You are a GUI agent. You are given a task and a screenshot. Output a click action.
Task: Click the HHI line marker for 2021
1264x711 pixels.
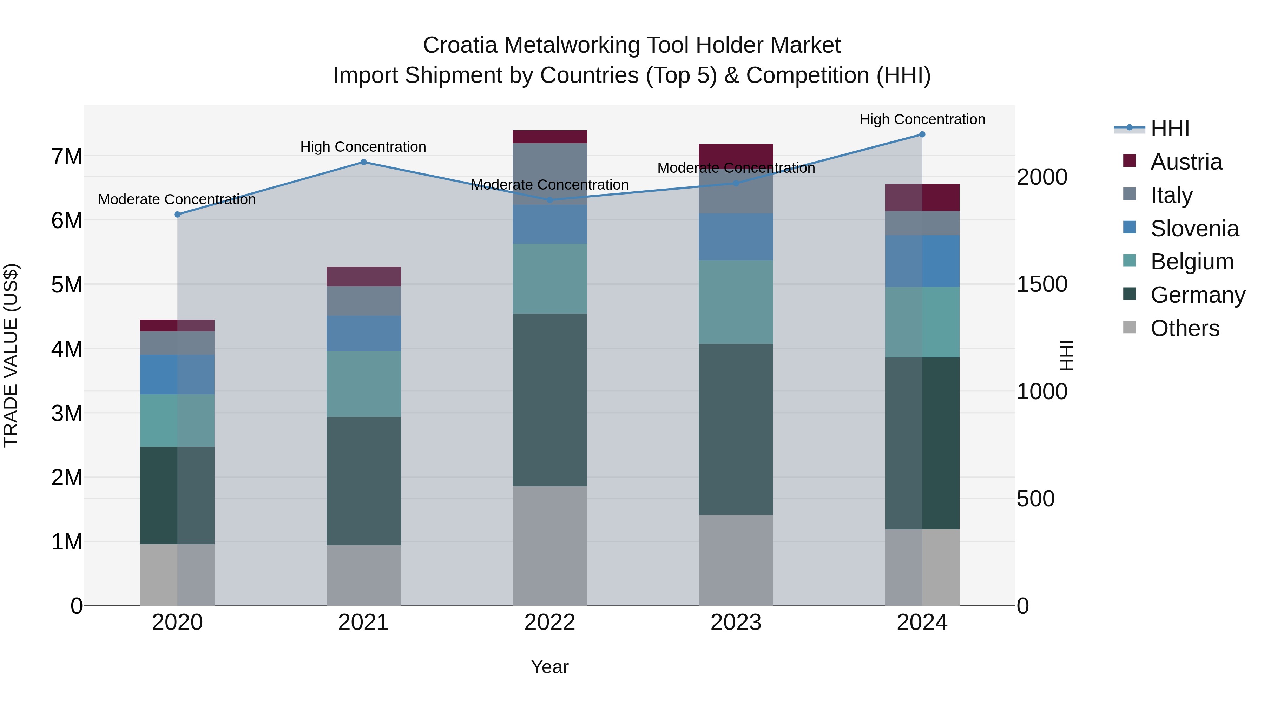[364, 162]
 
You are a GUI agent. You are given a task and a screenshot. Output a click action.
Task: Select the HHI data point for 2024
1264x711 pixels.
[922, 134]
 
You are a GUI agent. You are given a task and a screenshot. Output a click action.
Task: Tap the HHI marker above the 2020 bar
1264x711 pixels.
[178, 215]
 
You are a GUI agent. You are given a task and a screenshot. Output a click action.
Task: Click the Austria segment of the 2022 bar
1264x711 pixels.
[549, 137]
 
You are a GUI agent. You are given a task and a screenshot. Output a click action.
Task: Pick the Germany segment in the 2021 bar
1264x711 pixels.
[364, 481]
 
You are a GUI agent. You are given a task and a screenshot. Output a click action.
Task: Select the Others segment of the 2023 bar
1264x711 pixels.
[736, 560]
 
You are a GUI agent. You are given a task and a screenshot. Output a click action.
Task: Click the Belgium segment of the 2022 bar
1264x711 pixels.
[549, 279]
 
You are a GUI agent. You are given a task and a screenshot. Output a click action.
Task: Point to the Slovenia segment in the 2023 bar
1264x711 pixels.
[736, 237]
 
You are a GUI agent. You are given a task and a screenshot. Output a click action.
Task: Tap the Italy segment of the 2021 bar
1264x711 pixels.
[364, 301]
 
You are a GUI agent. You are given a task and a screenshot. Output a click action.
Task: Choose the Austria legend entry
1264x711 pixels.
[1186, 162]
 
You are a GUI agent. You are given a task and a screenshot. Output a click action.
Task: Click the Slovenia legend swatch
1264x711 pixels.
[1129, 228]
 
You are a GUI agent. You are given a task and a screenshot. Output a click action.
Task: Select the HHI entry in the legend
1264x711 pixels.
[1170, 129]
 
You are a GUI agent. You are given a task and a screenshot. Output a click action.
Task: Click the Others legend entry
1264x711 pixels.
[1185, 328]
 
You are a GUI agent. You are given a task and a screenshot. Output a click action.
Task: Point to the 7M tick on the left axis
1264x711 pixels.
[67, 157]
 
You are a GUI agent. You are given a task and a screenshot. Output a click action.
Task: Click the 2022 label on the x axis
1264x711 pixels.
[549, 623]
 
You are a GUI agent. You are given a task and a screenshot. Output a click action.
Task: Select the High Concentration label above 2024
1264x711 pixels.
[922, 119]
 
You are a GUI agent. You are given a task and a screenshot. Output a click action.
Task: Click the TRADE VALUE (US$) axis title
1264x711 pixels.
[11, 355]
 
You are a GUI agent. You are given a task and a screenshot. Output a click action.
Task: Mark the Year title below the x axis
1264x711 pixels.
[549, 667]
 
